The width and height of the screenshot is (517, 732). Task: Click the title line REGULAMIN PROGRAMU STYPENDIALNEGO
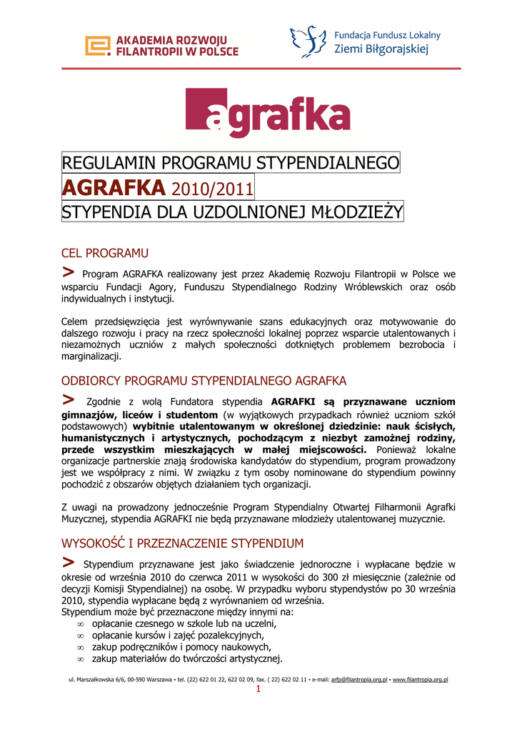pos(231,163)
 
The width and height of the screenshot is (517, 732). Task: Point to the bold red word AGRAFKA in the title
pos(114,188)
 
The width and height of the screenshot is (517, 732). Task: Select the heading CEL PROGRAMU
pos(105,253)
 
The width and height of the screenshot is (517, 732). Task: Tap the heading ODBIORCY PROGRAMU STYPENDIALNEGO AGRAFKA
pos(204,380)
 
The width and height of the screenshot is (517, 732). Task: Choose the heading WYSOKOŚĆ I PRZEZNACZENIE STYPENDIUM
pos(183,543)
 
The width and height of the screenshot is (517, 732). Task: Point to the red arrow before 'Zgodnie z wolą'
pos(69,398)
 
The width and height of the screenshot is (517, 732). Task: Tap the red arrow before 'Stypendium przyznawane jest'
pos(69,562)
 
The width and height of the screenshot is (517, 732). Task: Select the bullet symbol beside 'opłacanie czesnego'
pos(81,623)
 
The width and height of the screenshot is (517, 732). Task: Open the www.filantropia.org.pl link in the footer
pos(420,680)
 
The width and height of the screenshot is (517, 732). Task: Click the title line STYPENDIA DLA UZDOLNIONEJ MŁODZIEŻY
pos(233,212)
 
